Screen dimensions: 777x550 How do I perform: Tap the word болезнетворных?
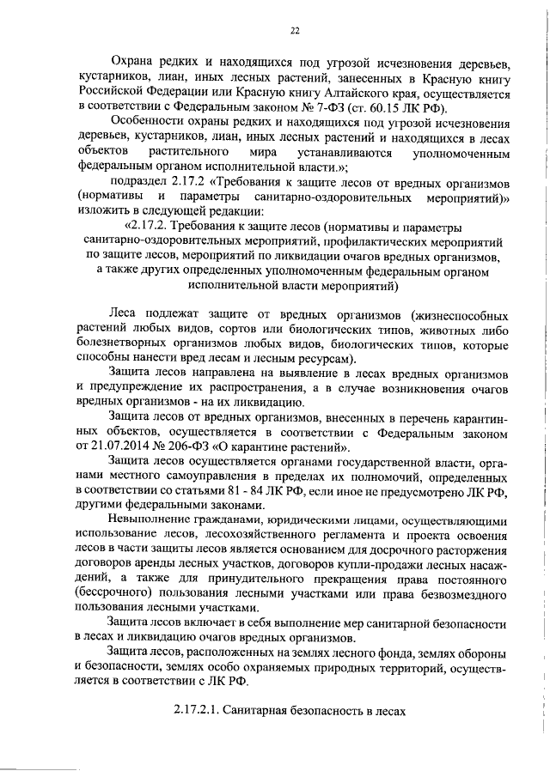pos(127,343)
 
